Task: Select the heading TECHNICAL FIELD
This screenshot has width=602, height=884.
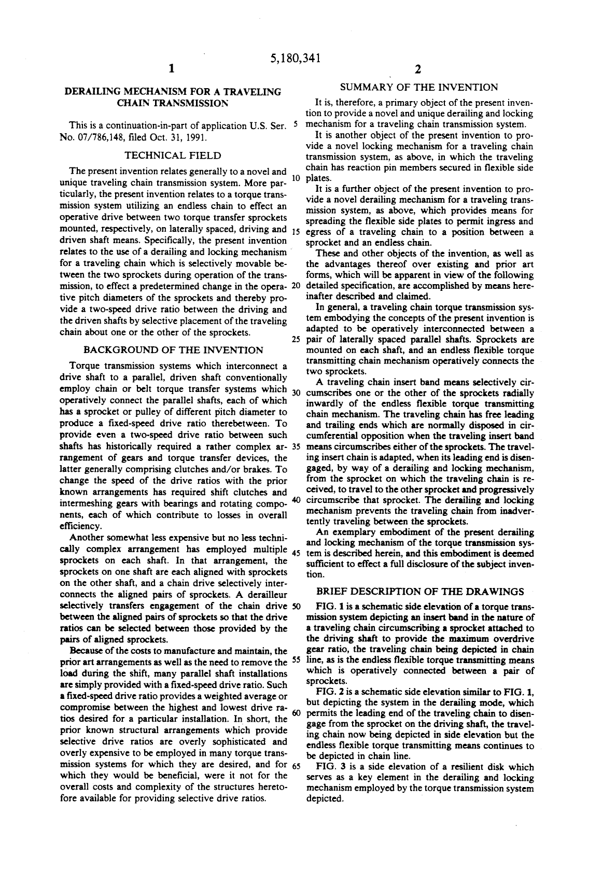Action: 173,155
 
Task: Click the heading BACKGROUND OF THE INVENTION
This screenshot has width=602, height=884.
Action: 173,350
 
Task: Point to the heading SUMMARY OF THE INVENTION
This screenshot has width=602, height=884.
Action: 419,87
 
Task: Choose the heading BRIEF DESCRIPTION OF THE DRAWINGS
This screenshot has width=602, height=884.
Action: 419,591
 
